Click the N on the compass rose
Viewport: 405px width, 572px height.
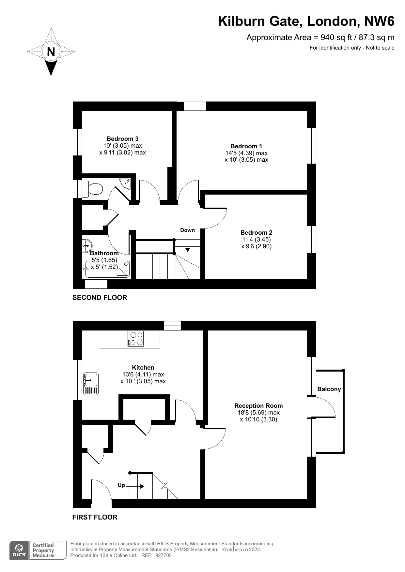[x=51, y=52]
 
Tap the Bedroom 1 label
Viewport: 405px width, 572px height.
[x=246, y=146]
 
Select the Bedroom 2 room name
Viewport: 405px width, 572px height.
[x=256, y=232]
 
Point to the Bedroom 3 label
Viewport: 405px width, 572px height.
[x=122, y=139]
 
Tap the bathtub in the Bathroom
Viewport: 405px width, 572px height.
[x=107, y=269]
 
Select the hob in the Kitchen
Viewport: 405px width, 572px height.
[x=136, y=338]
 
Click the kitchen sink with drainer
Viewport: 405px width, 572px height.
[x=91, y=384]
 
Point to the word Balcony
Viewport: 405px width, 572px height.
[x=329, y=389]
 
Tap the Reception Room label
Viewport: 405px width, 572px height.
[x=258, y=405]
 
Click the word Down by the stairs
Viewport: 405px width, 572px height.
[x=187, y=230]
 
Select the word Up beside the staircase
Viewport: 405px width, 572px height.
[x=121, y=485]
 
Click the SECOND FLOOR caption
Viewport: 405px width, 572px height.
[x=100, y=298]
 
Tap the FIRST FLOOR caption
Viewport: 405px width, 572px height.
[x=95, y=517]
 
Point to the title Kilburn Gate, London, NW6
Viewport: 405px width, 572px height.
[x=306, y=22]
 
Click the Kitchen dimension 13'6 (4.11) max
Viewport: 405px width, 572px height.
[x=143, y=374]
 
